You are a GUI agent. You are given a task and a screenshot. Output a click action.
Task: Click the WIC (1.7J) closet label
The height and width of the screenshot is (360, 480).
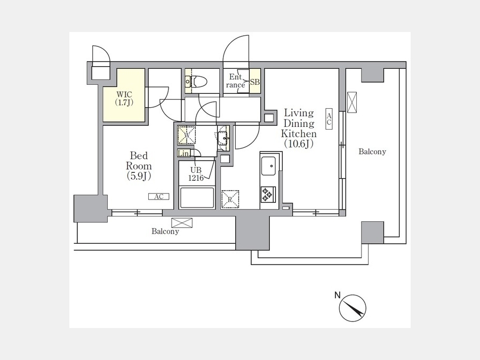pyautogui.click(x=124, y=98)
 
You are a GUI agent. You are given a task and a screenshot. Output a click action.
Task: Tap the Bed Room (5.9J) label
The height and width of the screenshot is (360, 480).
pyautogui.click(x=139, y=166)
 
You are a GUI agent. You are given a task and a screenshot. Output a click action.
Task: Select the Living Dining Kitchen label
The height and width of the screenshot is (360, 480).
pyautogui.click(x=299, y=128)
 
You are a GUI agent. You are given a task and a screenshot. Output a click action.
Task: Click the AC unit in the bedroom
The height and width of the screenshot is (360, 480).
pyautogui.click(x=158, y=196)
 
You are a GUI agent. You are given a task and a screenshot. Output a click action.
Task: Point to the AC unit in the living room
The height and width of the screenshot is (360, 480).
pyautogui.click(x=329, y=119)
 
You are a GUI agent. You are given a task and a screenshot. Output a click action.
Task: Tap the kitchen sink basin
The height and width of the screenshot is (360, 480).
pyautogui.click(x=268, y=166)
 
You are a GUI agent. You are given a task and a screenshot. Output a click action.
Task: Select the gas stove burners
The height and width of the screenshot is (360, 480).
pyautogui.click(x=268, y=194)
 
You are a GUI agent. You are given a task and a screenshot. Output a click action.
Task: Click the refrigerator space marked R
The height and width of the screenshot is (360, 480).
pyautogui.click(x=230, y=199)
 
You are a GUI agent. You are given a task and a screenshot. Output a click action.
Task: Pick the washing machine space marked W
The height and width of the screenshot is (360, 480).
pyautogui.click(x=187, y=135)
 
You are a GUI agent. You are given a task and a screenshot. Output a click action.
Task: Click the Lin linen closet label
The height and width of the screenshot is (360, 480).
pyautogui.click(x=183, y=154)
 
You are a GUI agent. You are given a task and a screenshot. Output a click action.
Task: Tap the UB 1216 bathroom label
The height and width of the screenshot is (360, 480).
pyautogui.click(x=196, y=174)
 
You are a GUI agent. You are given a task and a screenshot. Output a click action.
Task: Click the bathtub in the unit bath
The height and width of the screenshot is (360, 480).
pyautogui.click(x=197, y=198)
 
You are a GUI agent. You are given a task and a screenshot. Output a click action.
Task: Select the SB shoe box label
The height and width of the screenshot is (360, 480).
pyautogui.click(x=255, y=82)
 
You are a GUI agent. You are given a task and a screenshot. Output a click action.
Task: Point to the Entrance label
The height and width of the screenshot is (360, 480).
pyautogui.click(x=235, y=81)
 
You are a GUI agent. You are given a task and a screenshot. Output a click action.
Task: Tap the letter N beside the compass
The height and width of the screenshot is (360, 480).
pyautogui.click(x=338, y=295)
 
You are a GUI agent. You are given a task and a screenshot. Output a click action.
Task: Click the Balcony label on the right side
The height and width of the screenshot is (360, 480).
pyautogui.click(x=372, y=151)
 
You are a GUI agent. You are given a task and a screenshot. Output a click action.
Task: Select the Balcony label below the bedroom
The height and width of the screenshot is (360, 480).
pyautogui.click(x=165, y=231)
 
